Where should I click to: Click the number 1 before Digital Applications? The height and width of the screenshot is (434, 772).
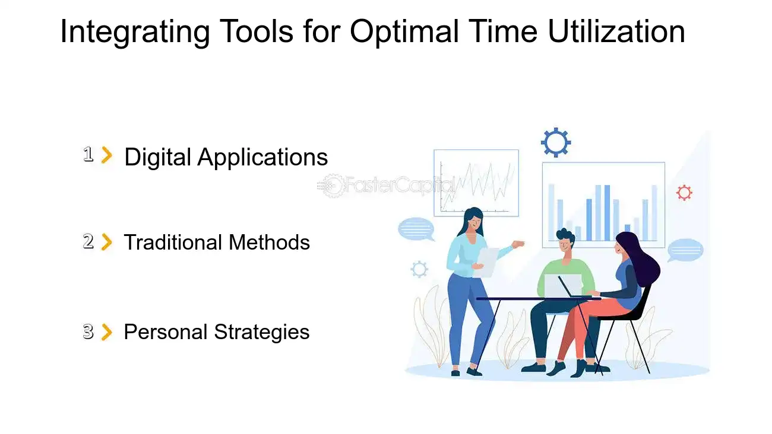[x=88, y=155]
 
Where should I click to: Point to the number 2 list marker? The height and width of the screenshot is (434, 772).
[x=88, y=242]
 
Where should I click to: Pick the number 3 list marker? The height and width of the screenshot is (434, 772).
[x=88, y=332]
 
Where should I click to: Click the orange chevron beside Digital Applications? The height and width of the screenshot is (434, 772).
[x=107, y=155]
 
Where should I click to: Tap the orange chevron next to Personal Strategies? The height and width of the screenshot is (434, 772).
[x=107, y=332]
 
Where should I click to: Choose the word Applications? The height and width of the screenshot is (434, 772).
[x=262, y=157]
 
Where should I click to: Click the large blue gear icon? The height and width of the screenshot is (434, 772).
[x=556, y=142]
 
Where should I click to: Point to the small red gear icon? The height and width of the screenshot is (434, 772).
[x=684, y=193]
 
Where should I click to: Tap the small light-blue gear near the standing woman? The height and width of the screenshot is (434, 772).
[x=419, y=270]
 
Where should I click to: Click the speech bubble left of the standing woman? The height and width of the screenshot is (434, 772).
[x=416, y=229]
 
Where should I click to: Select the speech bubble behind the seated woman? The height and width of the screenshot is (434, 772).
[x=685, y=250]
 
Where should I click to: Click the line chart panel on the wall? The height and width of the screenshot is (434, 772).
[x=476, y=183]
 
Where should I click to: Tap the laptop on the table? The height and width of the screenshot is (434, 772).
[x=564, y=286]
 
